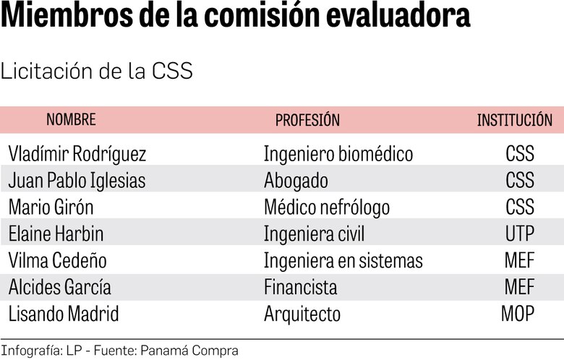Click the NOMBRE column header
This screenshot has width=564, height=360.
71,120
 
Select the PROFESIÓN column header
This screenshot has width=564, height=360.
307,120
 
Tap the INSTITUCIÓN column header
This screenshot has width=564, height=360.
514,120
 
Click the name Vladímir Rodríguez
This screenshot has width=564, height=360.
77,154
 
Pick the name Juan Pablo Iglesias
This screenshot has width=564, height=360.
77,181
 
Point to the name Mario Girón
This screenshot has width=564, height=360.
51,207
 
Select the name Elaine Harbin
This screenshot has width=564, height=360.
56,234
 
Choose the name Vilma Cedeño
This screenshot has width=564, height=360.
57,261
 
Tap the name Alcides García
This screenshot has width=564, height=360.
60,288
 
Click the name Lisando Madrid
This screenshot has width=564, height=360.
64,314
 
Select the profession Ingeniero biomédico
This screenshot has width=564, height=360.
338,154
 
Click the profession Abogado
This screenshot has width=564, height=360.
296,181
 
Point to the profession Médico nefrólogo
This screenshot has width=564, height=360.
327,207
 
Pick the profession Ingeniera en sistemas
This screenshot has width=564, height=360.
343,261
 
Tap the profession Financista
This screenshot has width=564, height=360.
300,288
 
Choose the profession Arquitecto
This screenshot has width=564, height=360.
302,314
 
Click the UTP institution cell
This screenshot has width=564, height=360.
519,234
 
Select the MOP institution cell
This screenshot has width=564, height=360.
518,314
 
